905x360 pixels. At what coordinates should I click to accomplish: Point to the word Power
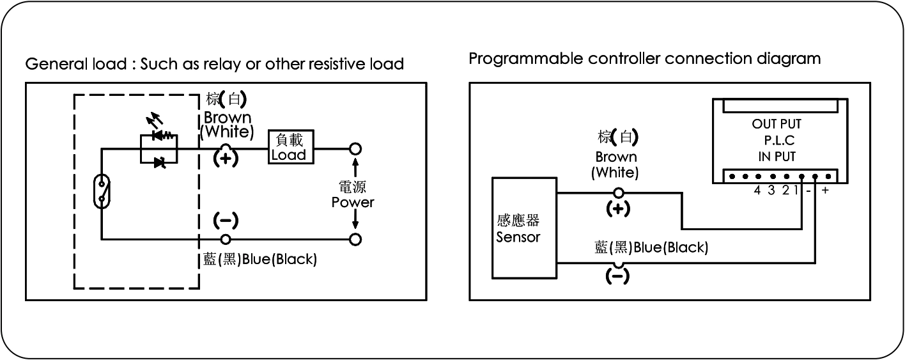(x=352, y=202)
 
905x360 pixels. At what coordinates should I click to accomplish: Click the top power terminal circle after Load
(x=355, y=149)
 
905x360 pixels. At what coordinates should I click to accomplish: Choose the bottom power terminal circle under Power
(x=355, y=240)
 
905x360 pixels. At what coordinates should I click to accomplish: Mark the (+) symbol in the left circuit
(x=225, y=159)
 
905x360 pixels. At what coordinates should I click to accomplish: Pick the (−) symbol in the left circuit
(x=225, y=221)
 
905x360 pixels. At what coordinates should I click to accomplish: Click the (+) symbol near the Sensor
(x=617, y=208)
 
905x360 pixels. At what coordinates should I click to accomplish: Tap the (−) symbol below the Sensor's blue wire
(x=617, y=276)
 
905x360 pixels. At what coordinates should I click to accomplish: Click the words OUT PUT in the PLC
(x=777, y=124)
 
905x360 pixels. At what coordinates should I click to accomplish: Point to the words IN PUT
(x=777, y=156)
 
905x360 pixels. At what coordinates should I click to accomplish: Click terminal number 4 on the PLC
(x=757, y=190)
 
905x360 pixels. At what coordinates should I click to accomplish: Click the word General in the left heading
(x=49, y=65)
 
